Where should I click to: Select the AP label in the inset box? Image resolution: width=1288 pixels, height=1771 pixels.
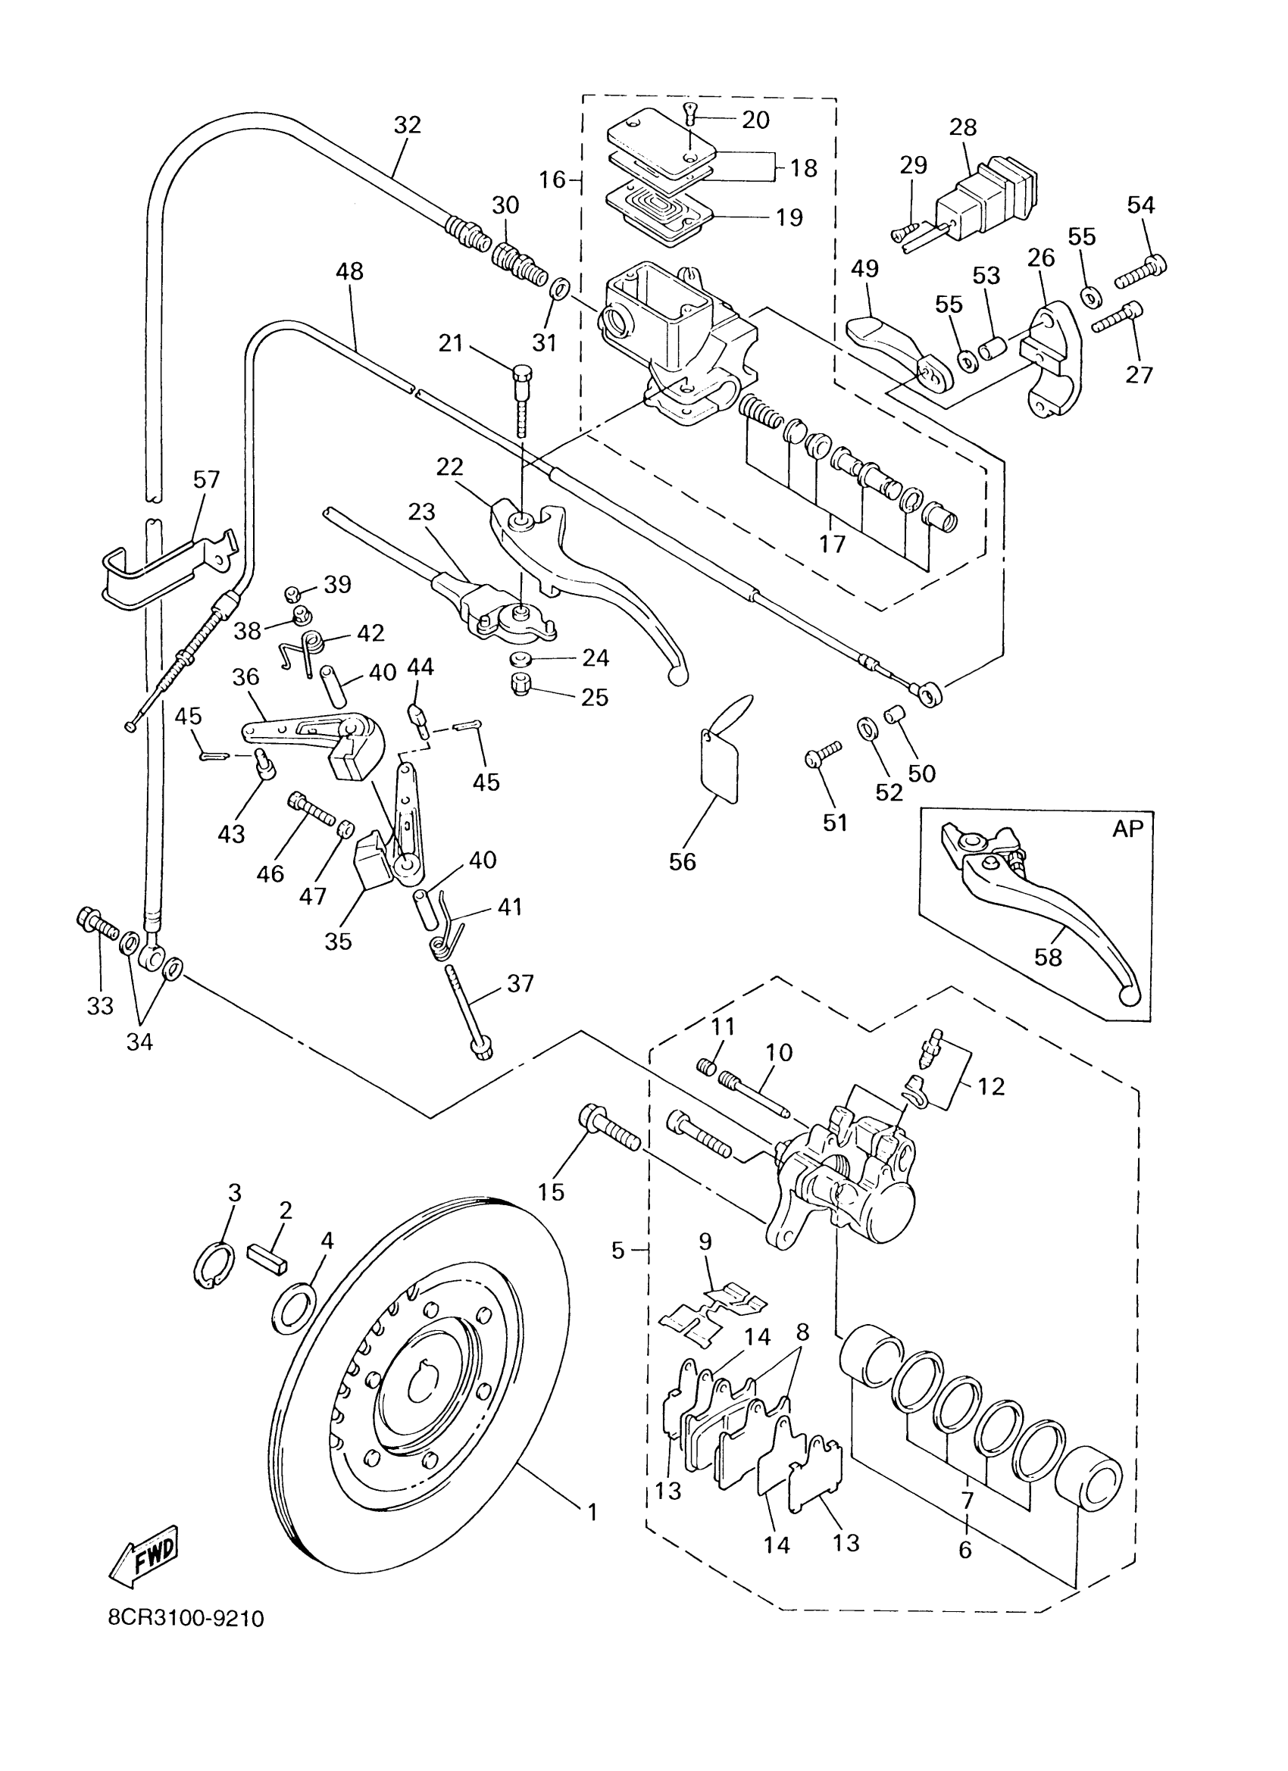point(1128,829)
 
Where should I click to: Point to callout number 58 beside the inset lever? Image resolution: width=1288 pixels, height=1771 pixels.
point(1049,957)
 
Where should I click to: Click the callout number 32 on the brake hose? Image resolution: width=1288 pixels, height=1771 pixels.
point(407,125)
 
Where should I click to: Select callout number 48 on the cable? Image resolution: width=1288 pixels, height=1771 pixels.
point(349,272)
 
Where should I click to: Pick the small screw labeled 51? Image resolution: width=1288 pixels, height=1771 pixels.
point(823,754)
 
